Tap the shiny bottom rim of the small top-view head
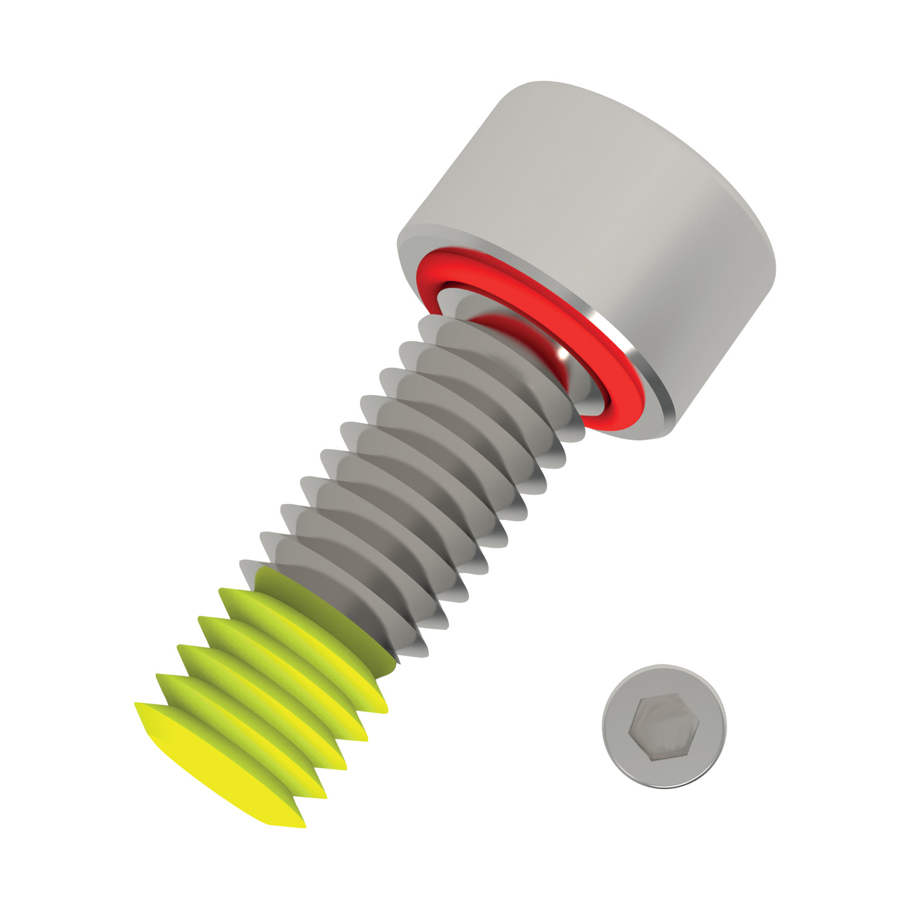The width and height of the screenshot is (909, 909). pos(667,785)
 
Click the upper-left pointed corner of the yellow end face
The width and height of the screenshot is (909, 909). pos(137,705)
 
